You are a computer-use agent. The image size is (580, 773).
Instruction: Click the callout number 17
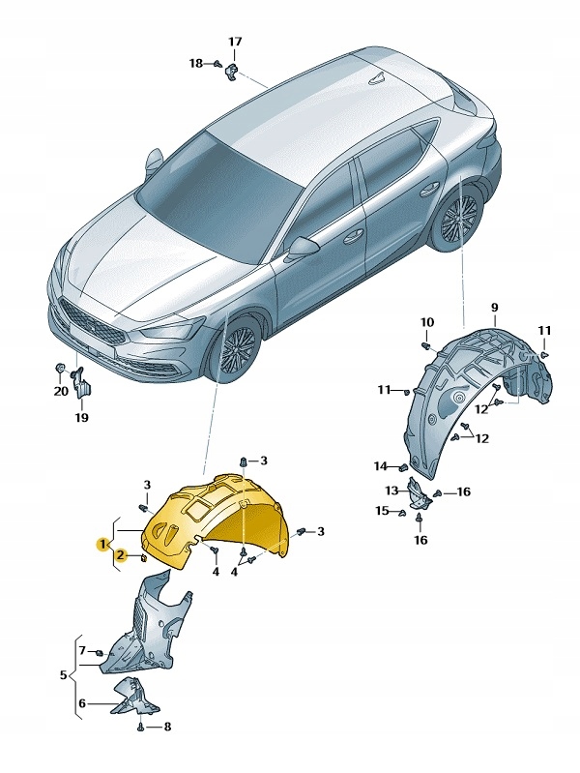pos(235,42)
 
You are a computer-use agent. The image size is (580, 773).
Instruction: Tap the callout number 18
pos(196,63)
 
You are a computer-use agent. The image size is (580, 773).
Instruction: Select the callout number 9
pos(493,308)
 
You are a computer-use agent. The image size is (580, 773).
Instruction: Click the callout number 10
pos(427,322)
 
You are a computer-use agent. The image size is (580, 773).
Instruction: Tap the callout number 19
pos(81,418)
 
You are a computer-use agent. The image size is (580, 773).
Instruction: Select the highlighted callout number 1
pos(101,544)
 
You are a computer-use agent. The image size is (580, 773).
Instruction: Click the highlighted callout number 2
pos(121,555)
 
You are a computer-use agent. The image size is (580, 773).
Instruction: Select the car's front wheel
pos(234,352)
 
